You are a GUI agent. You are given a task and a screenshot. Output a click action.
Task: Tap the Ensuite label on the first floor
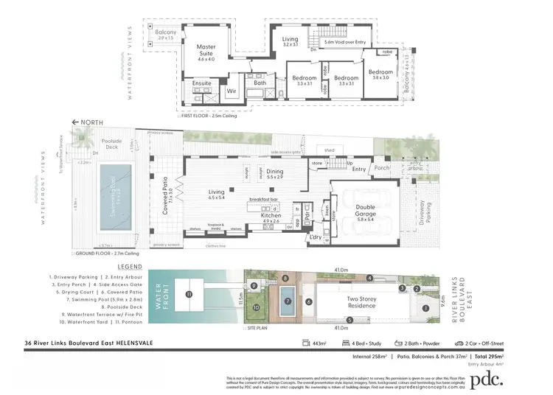click(x=201, y=83)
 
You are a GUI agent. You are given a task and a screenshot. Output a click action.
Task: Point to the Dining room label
click(x=274, y=172)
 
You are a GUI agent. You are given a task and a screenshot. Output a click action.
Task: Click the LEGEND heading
click(x=128, y=267)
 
